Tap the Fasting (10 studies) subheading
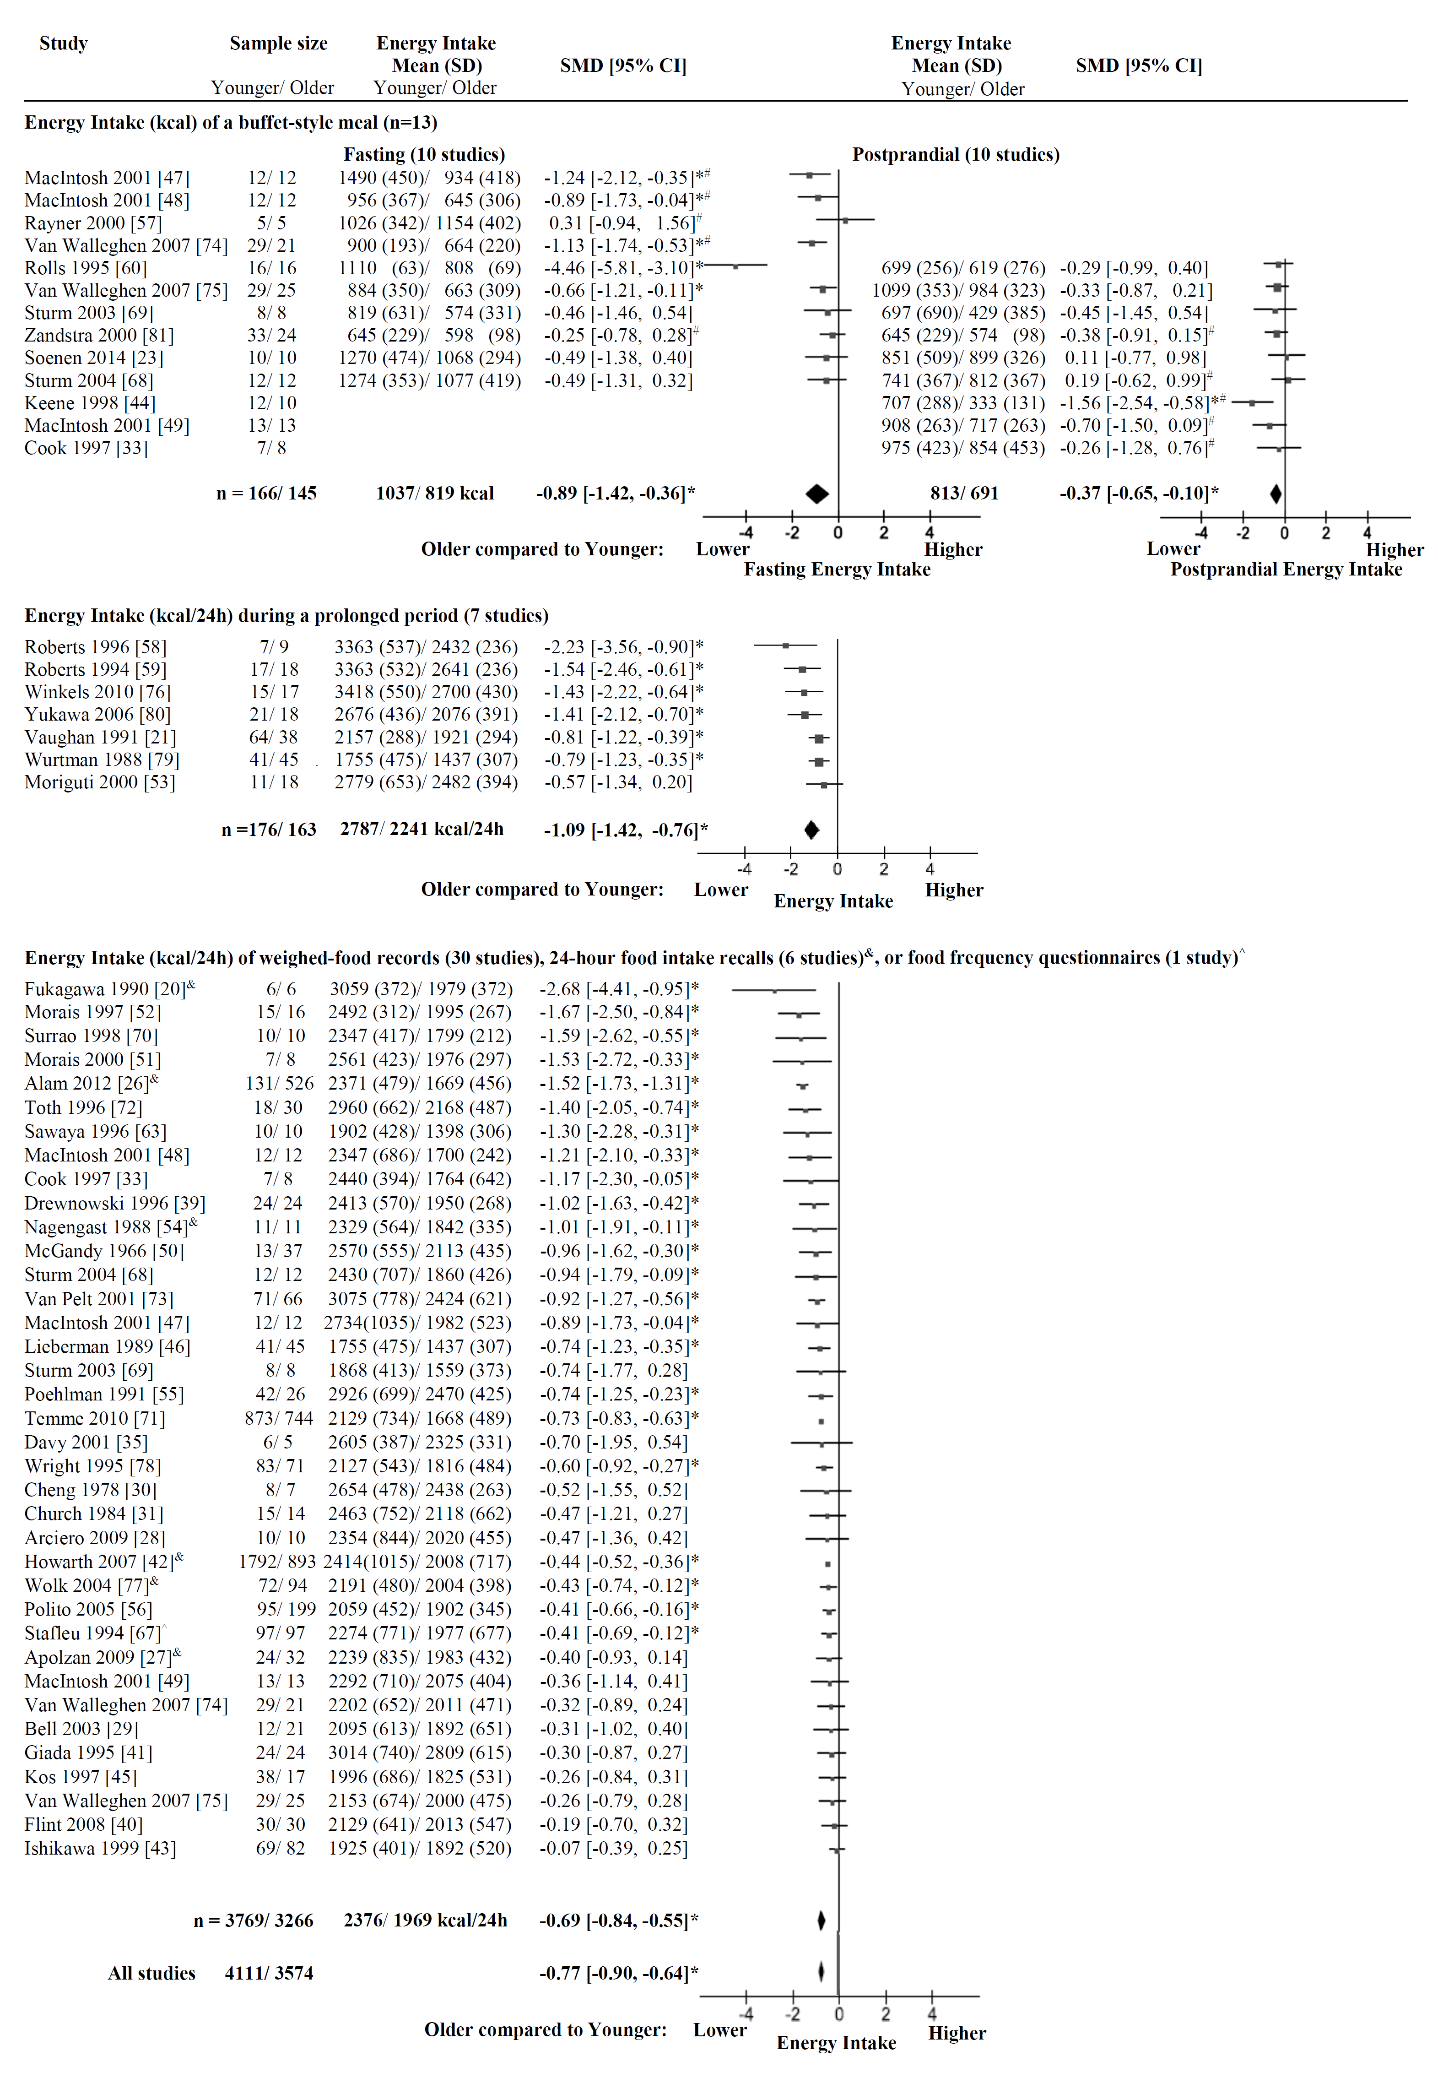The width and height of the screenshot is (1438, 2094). [x=424, y=155]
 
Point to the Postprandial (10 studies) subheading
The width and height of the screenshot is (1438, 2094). [x=956, y=155]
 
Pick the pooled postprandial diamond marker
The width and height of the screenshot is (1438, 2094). [x=1276, y=494]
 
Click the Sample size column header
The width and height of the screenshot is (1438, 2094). [x=278, y=43]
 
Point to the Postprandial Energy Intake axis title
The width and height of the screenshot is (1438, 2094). [x=1286, y=570]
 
